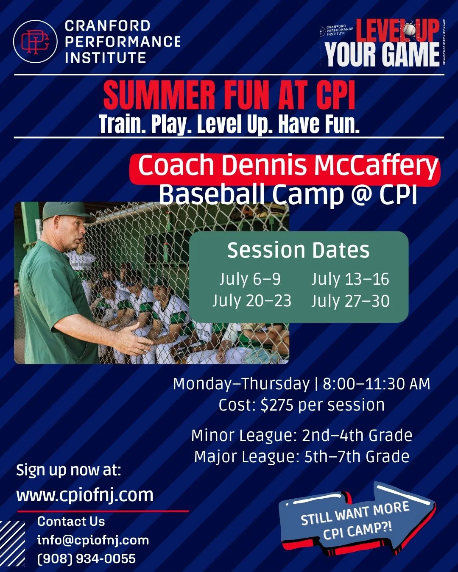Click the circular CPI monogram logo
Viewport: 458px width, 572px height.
click(35, 42)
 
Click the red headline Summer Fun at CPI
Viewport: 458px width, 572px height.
click(229, 95)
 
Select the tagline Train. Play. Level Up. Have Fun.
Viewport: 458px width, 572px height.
click(229, 124)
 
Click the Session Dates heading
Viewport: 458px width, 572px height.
click(298, 250)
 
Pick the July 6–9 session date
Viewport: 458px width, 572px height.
click(250, 279)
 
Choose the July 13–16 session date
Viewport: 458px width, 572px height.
click(350, 279)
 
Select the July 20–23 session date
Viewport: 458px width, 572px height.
click(252, 301)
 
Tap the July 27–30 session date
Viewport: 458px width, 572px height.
click(350, 301)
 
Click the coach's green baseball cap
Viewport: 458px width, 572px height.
click(66, 211)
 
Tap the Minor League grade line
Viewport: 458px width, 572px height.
click(302, 436)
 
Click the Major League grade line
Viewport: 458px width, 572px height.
click(302, 457)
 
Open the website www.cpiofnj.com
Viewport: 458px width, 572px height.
click(85, 495)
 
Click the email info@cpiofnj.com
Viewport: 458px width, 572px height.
click(93, 540)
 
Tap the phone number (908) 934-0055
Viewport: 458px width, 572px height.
click(87, 558)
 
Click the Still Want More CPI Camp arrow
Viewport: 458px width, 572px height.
click(356, 520)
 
